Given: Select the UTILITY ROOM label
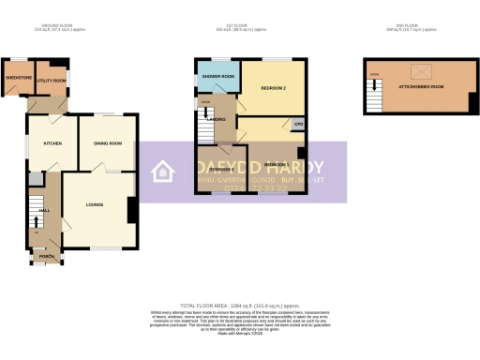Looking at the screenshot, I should point(50,82).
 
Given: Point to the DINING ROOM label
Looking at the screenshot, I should point(108,143).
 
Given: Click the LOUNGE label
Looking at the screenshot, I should point(95,203).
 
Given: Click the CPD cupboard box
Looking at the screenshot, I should point(297,124).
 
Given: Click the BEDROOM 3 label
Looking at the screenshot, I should point(221,169).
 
